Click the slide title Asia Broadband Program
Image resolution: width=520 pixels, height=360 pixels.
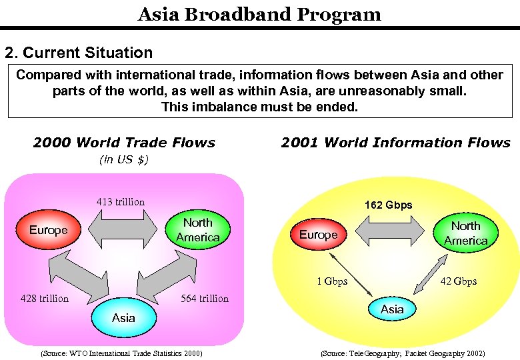click(259, 14)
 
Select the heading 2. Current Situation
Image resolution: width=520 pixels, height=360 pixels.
click(79, 53)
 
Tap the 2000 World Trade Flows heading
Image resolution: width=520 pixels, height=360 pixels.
click(124, 142)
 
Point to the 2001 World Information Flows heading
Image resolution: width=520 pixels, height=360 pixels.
click(395, 142)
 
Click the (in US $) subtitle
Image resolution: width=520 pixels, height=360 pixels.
click(124, 159)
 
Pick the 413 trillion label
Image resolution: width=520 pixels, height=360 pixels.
click(121, 201)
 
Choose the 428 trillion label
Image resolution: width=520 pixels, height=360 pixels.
click(45, 298)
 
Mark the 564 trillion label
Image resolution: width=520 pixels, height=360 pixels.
click(205, 298)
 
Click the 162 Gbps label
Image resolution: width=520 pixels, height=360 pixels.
click(388, 205)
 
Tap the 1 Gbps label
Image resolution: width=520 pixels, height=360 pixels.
click(332, 281)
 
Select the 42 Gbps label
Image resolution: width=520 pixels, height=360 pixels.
click(459, 281)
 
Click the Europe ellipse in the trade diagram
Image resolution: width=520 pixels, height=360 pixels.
click(49, 230)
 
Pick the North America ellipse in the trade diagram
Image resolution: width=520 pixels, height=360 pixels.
click(198, 230)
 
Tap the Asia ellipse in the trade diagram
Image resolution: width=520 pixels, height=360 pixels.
click(123, 317)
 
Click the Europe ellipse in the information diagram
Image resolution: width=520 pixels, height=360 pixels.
click(319, 235)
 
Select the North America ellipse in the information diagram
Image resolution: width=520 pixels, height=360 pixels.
click(466, 233)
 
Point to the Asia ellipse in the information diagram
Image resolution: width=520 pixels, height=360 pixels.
click(392, 309)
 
